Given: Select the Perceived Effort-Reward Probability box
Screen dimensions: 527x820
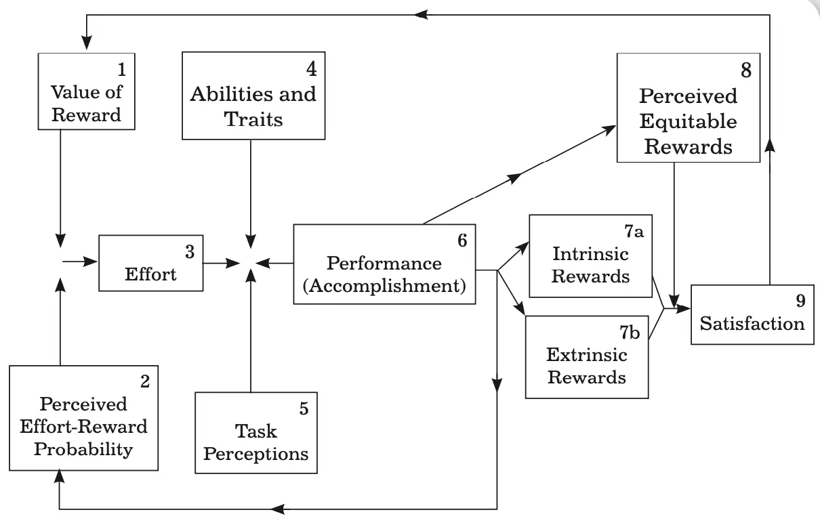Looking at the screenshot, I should click(84, 418).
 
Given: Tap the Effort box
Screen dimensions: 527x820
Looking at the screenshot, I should click(150, 263).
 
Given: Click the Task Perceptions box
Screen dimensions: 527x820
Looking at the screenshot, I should click(255, 433).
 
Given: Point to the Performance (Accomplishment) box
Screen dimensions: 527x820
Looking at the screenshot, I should click(384, 264).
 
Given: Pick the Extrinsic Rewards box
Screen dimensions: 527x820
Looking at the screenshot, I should click(586, 356).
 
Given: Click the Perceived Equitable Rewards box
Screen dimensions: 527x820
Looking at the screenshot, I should click(688, 108).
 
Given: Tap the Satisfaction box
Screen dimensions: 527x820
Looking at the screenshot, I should click(752, 315).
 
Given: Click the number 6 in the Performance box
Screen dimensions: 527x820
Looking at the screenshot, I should click(462, 240).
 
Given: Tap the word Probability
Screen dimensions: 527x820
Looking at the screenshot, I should click(83, 449).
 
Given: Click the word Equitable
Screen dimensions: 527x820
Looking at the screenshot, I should click(688, 121).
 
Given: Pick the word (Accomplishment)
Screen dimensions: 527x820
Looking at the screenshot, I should click(384, 286).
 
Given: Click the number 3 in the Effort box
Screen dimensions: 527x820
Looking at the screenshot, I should click(189, 251).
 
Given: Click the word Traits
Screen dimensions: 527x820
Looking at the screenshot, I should click(253, 119).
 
